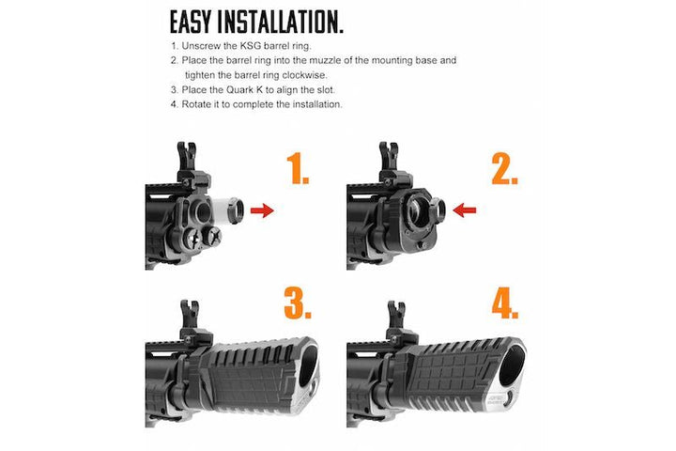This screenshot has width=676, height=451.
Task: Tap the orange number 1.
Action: tap(298, 170)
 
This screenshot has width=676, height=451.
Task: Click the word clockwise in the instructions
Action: tap(295, 74)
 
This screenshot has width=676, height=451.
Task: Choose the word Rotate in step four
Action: tap(198, 104)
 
